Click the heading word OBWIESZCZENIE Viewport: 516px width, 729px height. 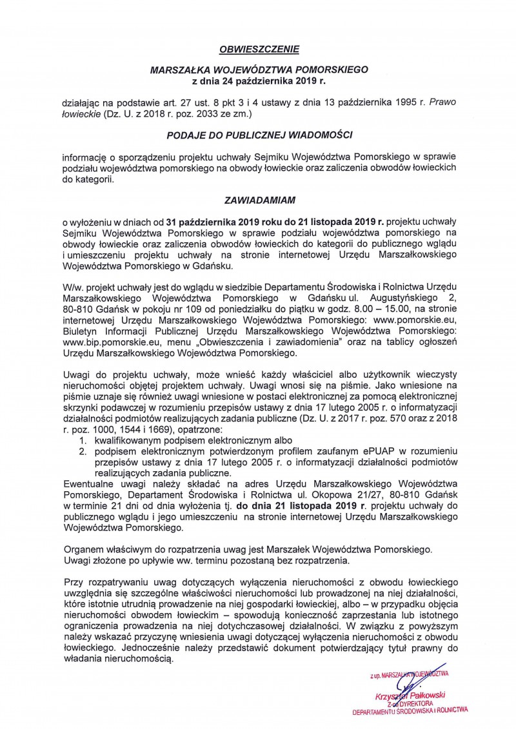coord(258,48)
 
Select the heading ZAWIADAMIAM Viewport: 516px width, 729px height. coord(257,200)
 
